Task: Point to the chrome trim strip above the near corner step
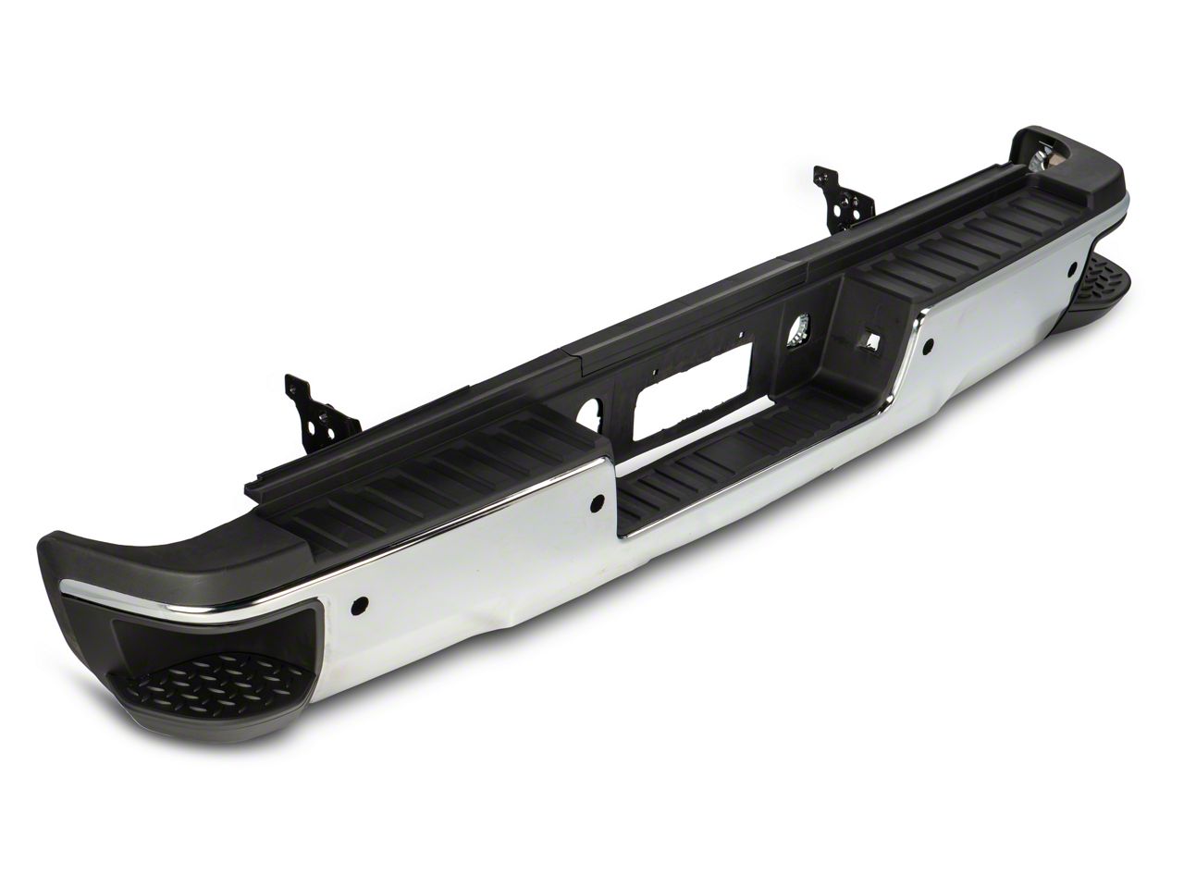(157, 591)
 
